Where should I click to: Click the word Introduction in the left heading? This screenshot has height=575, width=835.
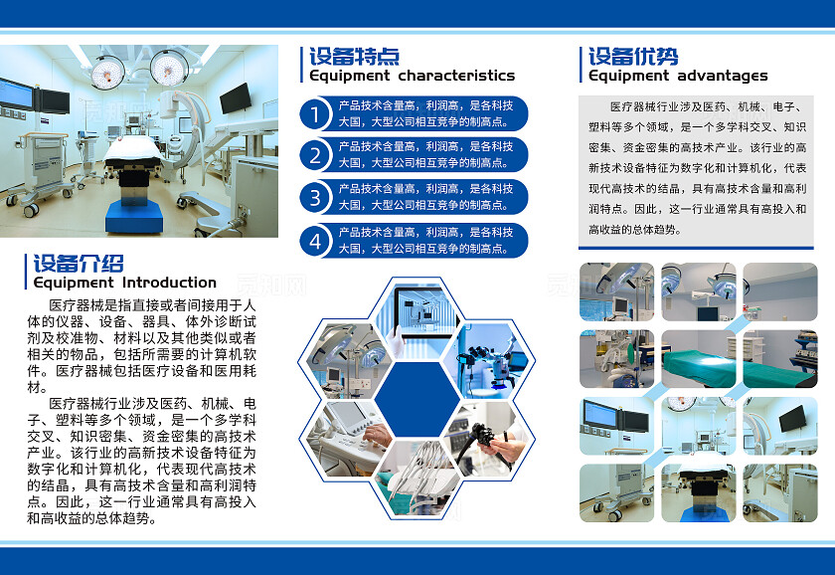[169, 283]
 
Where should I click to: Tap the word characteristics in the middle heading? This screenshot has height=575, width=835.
[456, 76]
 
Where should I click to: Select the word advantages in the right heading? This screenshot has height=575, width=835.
[723, 76]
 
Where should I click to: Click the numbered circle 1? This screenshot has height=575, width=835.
[315, 114]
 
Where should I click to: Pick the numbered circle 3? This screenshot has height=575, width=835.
[315, 197]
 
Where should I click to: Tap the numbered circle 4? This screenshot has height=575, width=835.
[315, 240]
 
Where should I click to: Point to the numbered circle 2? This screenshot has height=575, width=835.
[315, 155]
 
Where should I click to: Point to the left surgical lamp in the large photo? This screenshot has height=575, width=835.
[106, 71]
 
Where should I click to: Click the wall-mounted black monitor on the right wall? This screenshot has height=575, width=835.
[236, 97]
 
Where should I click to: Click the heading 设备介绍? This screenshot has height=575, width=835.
[79, 264]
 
